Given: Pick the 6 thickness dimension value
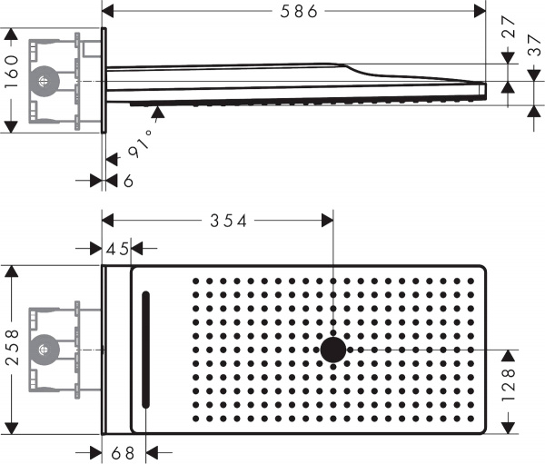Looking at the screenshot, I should [x=128, y=181].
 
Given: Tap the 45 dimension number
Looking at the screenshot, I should [x=116, y=249].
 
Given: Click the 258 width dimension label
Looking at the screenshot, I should [x=12, y=349].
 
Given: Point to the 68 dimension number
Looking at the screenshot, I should [x=124, y=451].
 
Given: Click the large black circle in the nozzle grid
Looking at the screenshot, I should [x=333, y=350].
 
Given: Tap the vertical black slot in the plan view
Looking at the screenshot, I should [x=143, y=350].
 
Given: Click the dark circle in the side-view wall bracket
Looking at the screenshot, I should [x=41, y=82].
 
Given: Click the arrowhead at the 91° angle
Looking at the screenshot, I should [x=159, y=111].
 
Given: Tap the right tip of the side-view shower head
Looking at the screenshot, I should [x=485, y=89].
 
